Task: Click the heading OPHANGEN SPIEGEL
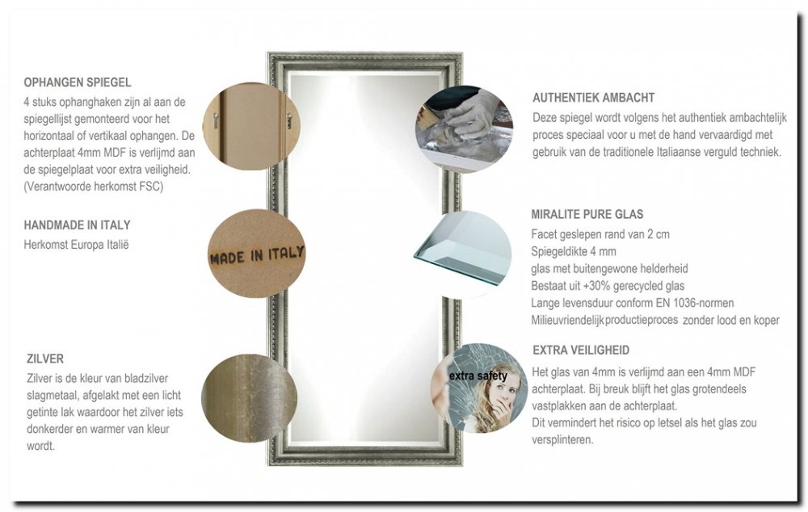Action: [78, 82]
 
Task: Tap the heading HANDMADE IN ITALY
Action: [77, 225]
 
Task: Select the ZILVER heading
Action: [44, 359]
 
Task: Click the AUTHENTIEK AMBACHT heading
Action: [593, 98]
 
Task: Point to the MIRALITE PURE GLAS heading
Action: [587, 215]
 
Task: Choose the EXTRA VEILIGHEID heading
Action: [581, 350]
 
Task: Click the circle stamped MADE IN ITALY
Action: [256, 254]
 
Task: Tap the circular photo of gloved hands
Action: [464, 129]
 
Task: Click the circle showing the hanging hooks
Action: [250, 126]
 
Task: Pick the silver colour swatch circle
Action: [249, 397]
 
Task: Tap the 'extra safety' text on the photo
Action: [478, 376]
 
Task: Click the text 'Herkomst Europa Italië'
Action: [77, 244]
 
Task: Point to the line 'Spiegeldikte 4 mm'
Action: [574, 251]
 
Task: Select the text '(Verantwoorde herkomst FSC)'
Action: [94, 187]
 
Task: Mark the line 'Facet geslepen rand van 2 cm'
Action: [601, 234]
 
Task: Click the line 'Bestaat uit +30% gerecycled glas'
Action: [608, 286]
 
